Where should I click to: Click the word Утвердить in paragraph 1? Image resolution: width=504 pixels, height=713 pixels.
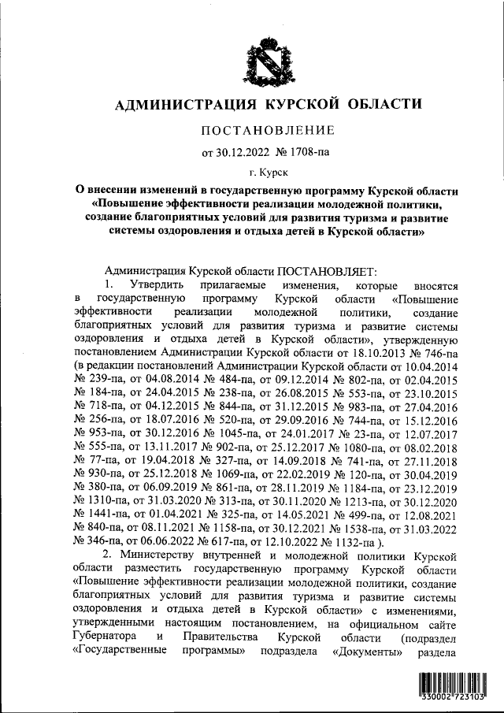point(155,284)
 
